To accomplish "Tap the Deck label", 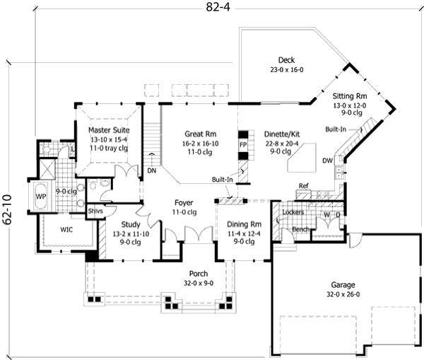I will coord(286,61).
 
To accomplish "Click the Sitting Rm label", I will coord(350,95).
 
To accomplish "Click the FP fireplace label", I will coord(242,144).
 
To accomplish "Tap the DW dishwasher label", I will coord(327,161).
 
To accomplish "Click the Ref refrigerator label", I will coord(303,186).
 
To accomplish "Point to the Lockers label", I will coord(293,211).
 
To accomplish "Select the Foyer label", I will coord(184,203).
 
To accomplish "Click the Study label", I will coord(129,225).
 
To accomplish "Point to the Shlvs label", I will coord(95,210).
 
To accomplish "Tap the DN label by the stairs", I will coord(151,170).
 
